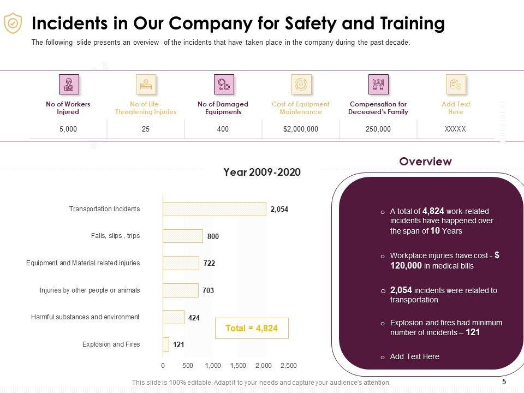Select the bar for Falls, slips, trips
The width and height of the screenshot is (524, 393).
[183, 236]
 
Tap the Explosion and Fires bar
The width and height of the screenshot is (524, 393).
[166, 344]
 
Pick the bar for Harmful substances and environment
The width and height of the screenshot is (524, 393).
[174, 317]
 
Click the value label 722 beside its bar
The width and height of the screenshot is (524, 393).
[209, 263]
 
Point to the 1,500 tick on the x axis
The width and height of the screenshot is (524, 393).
[238, 365]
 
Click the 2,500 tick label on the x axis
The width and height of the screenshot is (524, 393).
[288, 365]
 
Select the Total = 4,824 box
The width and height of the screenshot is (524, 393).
[251, 328]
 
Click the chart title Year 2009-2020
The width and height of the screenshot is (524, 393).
[262, 172]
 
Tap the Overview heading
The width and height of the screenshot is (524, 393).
[425, 162]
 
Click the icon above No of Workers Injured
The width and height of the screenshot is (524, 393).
[69, 85]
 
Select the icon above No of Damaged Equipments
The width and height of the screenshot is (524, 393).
[224, 85]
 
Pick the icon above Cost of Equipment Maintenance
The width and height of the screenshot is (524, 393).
[301, 85]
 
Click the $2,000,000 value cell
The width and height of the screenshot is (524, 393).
[301, 129]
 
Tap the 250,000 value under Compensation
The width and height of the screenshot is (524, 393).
[378, 129]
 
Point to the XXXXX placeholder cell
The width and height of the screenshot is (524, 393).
[455, 129]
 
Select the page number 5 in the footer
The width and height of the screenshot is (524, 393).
[504, 382]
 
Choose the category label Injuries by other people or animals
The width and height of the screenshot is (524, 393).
[90, 290]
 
